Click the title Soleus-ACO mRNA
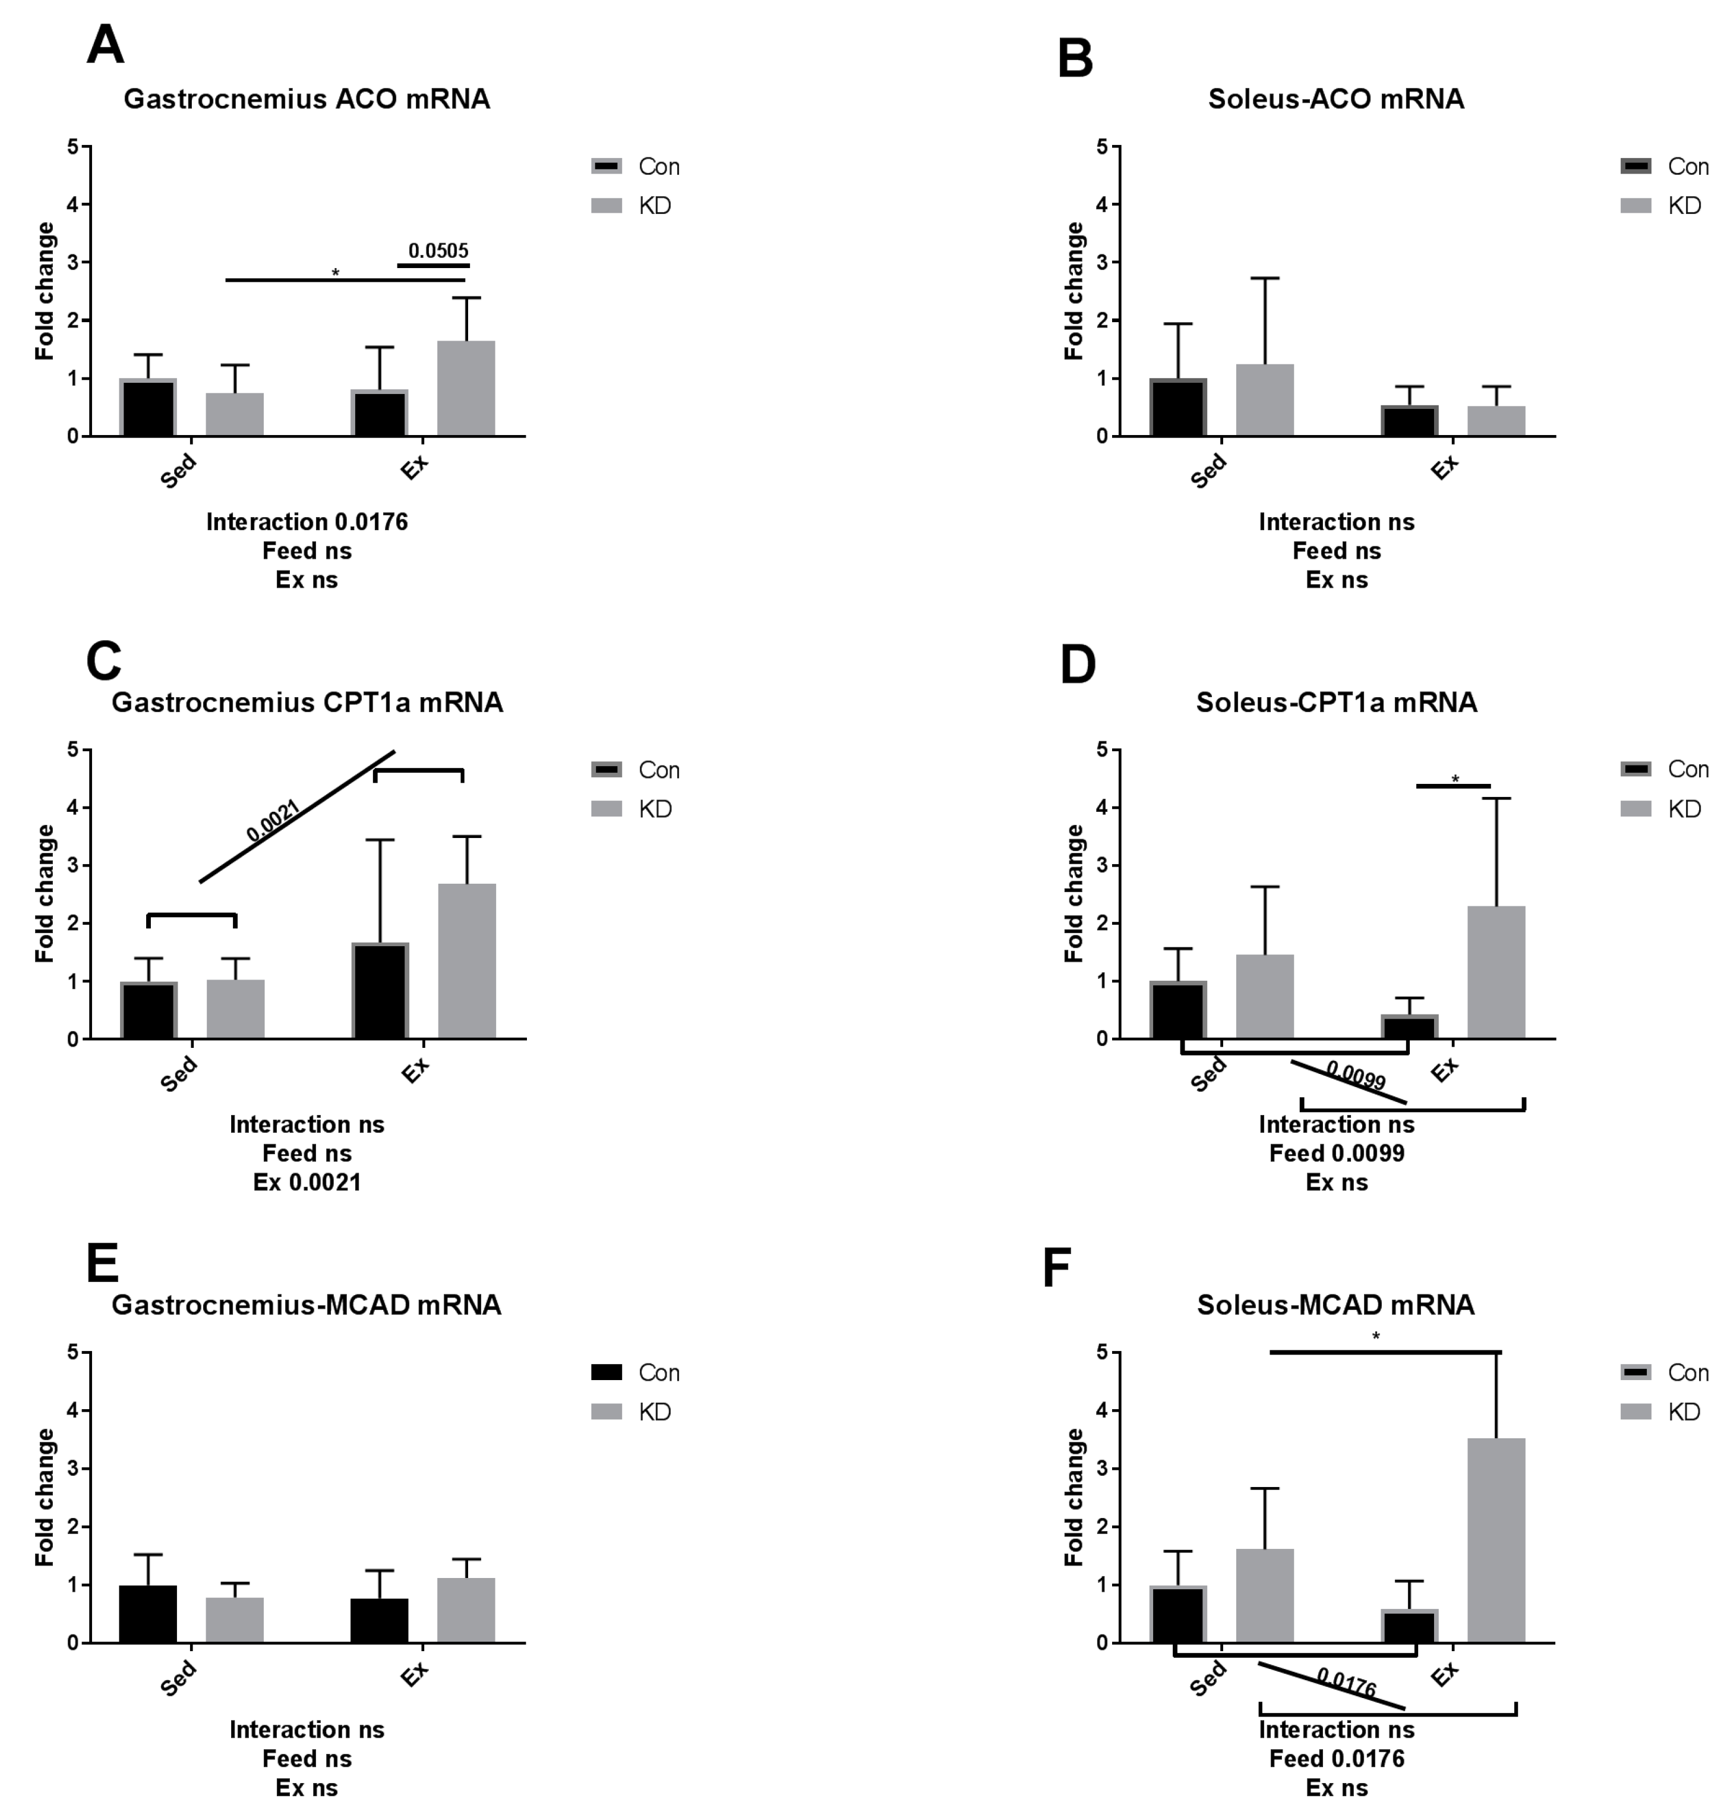click(x=1335, y=99)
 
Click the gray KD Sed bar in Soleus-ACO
click(x=1265, y=400)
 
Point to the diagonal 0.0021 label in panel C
click(x=273, y=821)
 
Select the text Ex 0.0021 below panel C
click(x=307, y=1182)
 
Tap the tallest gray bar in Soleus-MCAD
click(x=1496, y=1539)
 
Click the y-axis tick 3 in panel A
click(x=72, y=263)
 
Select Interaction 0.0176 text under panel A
click(x=307, y=522)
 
